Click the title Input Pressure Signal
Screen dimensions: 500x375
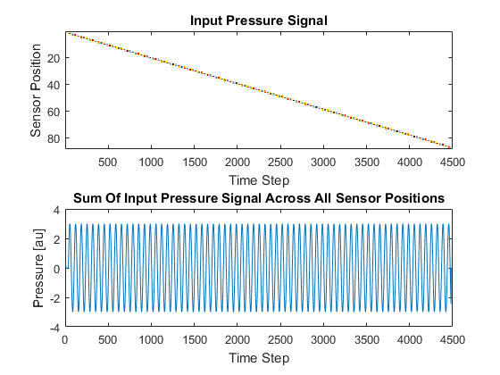pyautogui.click(x=259, y=21)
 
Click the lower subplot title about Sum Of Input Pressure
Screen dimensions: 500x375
pyautogui.click(x=259, y=198)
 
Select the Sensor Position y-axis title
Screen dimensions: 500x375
pyautogui.click(x=36, y=90)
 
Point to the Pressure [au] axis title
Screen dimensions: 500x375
pyautogui.click(x=38, y=268)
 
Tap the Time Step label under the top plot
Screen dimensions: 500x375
pyautogui.click(x=259, y=180)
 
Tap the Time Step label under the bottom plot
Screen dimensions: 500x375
pyautogui.click(x=259, y=358)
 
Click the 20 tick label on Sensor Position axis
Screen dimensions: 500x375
pyautogui.click(x=54, y=58)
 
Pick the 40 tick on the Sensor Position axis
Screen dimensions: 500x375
pyautogui.click(x=54, y=85)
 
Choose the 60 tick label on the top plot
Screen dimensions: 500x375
pyautogui.click(x=54, y=112)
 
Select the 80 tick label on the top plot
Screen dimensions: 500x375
pyautogui.click(x=54, y=138)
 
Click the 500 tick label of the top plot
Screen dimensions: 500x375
pyautogui.click(x=108, y=162)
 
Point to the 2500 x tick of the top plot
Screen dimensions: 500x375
pyautogui.click(x=280, y=162)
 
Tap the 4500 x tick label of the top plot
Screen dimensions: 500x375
pyautogui.click(x=453, y=162)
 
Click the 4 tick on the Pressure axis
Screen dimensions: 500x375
pyautogui.click(x=57, y=210)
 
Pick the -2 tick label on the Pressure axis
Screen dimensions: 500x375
pyautogui.click(x=54, y=298)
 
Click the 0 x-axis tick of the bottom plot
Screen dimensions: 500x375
pyautogui.click(x=65, y=339)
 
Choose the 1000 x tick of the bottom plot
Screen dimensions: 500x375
pyautogui.click(x=151, y=339)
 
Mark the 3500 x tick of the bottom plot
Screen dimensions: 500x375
pyautogui.click(x=367, y=339)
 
